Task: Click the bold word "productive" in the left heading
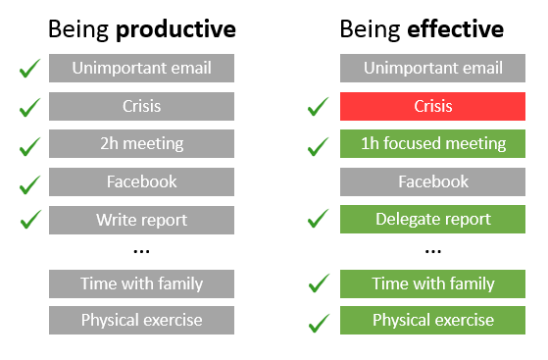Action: [x=175, y=29]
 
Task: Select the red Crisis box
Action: [x=433, y=106]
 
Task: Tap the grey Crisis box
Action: [x=141, y=106]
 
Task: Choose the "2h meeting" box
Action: [x=141, y=144]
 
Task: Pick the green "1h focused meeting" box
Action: [x=433, y=144]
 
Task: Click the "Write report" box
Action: [x=141, y=220]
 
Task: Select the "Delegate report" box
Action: [x=433, y=220]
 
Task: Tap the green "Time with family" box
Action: [x=433, y=283]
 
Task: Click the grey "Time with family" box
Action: [x=141, y=283]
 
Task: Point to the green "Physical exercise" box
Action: [x=433, y=321]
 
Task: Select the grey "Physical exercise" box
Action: [x=141, y=321]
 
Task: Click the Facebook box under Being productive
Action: [x=141, y=181]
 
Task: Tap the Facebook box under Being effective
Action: [x=433, y=181]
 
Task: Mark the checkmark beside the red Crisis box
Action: [x=318, y=106]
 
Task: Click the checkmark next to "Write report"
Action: [x=29, y=219]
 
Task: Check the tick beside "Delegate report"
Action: [x=318, y=220]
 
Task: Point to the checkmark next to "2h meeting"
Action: [x=29, y=144]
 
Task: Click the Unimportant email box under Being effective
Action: [x=433, y=69]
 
